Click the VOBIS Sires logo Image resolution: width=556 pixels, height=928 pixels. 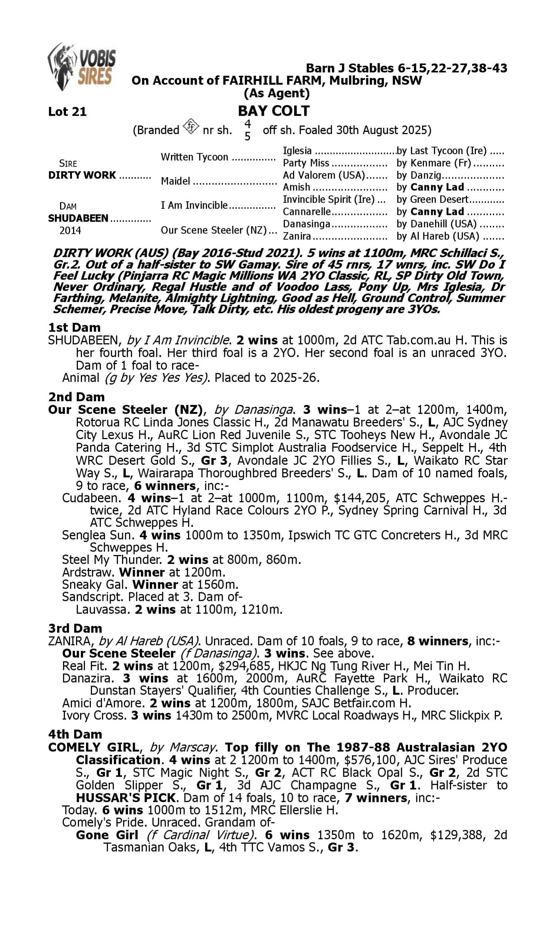(x=82, y=66)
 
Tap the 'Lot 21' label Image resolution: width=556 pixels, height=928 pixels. (x=67, y=112)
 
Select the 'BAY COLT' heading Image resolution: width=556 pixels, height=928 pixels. (x=274, y=111)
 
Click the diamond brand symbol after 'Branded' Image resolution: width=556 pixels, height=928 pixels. (x=191, y=127)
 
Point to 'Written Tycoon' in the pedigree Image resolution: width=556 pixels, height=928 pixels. (x=194, y=157)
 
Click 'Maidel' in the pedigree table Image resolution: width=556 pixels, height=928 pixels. (x=175, y=181)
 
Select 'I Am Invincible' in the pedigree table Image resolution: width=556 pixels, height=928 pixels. (x=194, y=206)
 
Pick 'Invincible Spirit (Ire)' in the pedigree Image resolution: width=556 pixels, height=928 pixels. (x=328, y=200)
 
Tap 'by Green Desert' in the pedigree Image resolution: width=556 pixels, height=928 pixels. (x=432, y=200)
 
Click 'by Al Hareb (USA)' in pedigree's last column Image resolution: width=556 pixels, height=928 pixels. (x=438, y=236)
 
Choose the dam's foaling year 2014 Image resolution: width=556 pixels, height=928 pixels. (x=70, y=230)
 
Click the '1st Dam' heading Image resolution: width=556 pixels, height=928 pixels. (x=74, y=327)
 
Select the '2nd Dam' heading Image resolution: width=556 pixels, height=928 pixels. (x=76, y=397)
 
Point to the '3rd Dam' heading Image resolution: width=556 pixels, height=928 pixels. (x=75, y=628)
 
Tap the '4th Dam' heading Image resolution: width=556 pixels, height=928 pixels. (x=75, y=735)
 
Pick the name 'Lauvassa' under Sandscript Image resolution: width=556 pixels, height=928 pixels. (x=102, y=610)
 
